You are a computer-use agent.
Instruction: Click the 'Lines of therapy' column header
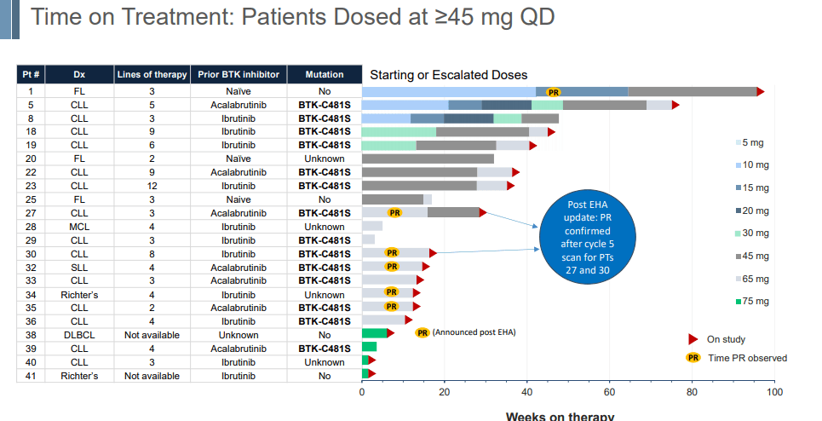[x=152, y=75]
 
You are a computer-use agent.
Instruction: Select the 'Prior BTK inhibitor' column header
[x=239, y=75]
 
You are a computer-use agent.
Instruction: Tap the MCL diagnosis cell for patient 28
[x=79, y=227]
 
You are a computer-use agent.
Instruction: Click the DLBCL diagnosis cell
[x=79, y=335]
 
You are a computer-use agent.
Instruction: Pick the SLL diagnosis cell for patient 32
[x=79, y=267]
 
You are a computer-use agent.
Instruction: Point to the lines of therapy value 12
[x=152, y=186]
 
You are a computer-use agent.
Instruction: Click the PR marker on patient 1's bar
[x=554, y=91]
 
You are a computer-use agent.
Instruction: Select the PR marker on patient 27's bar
[x=394, y=212]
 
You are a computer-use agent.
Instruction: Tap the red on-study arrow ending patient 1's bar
[x=761, y=91]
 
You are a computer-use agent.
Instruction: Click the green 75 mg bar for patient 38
[x=375, y=333]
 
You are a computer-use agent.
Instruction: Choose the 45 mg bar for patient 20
[x=428, y=159]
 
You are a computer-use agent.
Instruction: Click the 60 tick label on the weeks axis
[x=610, y=392]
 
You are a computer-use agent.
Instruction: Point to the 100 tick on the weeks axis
[x=774, y=392]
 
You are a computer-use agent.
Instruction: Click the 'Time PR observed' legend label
[x=748, y=358]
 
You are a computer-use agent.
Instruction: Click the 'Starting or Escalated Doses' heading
[x=449, y=75]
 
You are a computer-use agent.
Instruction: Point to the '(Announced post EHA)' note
[x=474, y=332]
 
